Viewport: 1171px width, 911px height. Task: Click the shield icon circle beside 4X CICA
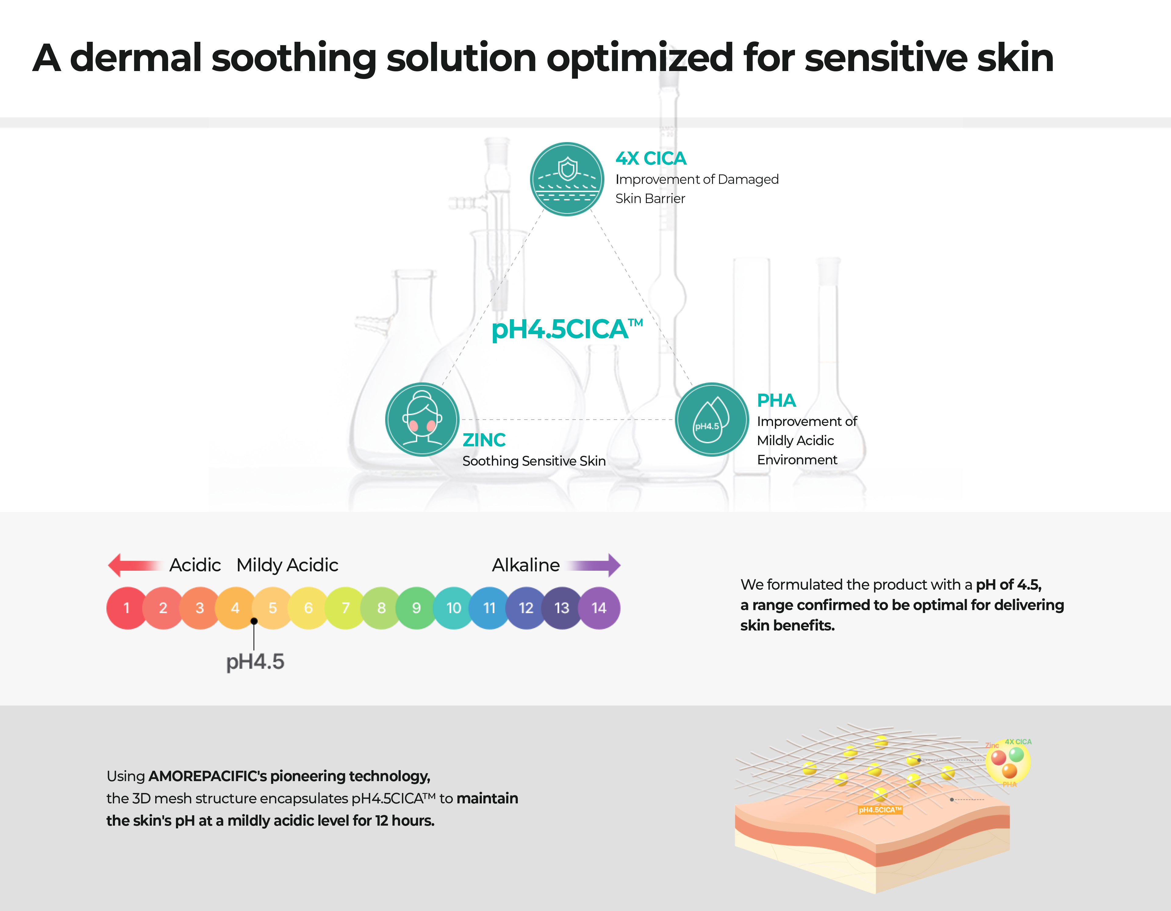567,179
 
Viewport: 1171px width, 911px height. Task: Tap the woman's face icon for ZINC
422,419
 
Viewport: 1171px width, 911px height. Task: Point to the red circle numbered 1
127,608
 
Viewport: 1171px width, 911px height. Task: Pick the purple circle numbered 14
599,608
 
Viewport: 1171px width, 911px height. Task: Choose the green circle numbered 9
416,608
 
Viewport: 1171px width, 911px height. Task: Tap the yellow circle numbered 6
308,608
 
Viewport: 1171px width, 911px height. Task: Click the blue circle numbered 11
489,608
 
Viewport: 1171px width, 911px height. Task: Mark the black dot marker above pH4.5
254,621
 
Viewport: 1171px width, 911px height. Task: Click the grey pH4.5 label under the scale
255,662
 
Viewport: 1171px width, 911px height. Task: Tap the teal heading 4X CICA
650,158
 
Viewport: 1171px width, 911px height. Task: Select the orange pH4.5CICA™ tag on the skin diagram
879,810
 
